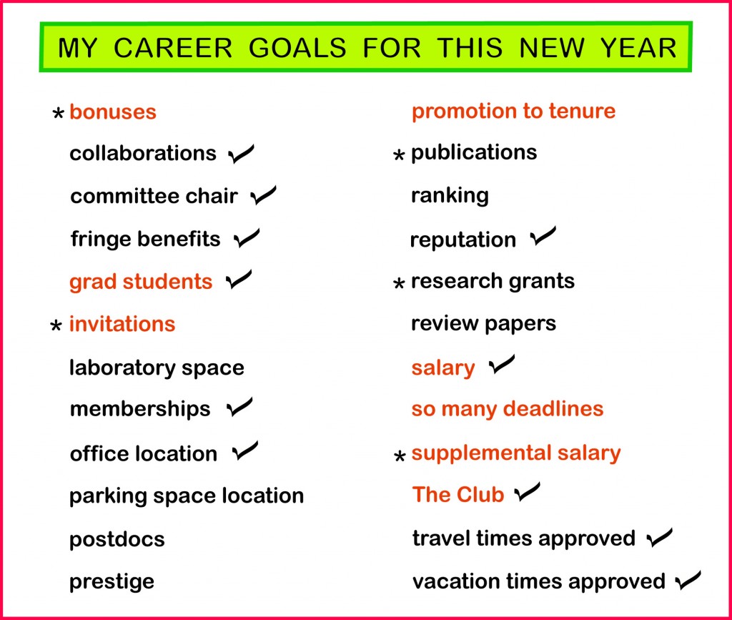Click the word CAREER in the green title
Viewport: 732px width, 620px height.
173,48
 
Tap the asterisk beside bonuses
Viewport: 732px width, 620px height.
59,114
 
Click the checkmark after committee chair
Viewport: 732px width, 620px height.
264,195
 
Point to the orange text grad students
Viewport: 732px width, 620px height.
141,282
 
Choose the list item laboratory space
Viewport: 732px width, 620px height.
157,368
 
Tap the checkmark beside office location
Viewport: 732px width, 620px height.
245,452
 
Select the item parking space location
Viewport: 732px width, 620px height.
187,496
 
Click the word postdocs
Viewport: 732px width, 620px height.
117,538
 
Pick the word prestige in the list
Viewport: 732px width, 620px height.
112,581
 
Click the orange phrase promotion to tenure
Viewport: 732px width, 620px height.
513,111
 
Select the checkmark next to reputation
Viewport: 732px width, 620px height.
543,237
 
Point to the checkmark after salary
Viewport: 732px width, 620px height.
501,367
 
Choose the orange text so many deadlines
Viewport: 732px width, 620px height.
508,409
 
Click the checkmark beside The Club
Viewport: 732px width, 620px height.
528,493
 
